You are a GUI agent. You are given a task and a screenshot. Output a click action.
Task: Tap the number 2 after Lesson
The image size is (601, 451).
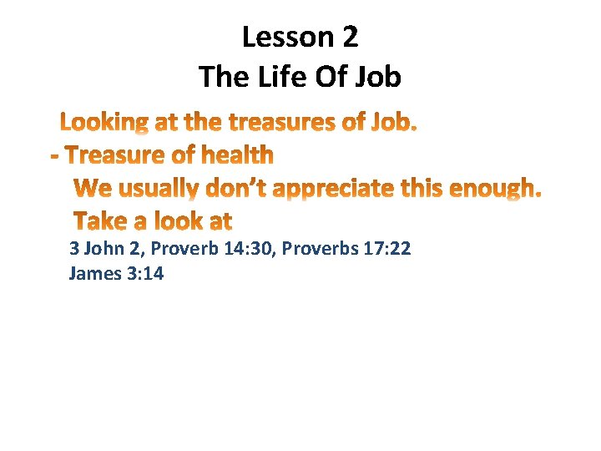click(x=349, y=37)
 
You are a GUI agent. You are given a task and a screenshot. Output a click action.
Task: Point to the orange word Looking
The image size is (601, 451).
click(x=104, y=124)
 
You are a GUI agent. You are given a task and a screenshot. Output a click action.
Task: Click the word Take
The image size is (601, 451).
click(x=99, y=222)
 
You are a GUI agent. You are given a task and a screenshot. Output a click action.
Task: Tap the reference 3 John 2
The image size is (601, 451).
click(x=106, y=248)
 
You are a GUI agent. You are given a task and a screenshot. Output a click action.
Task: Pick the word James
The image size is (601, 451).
click(x=95, y=273)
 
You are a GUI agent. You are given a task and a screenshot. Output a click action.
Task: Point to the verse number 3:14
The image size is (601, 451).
click(x=144, y=273)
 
